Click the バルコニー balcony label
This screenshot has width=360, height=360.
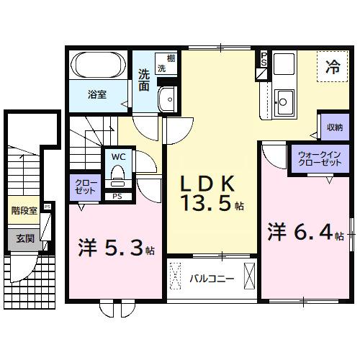[213, 276]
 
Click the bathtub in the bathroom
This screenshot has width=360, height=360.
[99, 68]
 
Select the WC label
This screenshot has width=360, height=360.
[119, 155]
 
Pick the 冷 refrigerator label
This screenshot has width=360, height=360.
[333, 69]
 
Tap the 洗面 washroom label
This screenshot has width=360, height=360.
[143, 79]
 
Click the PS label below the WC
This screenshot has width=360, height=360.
[118, 195]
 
